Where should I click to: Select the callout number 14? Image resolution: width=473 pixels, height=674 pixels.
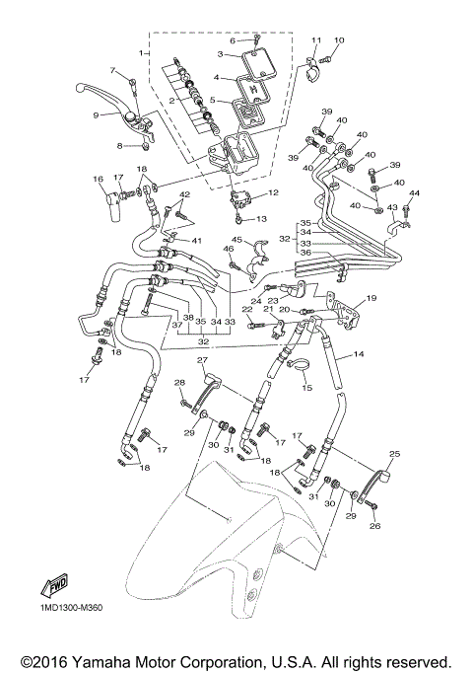(359, 353)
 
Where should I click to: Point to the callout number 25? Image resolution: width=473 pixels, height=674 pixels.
(394, 454)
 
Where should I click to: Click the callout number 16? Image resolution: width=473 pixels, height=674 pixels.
(98, 179)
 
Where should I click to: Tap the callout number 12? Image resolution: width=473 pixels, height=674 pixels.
(274, 192)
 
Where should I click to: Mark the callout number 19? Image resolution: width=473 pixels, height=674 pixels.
(372, 297)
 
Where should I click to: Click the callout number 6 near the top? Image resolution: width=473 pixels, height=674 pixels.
(234, 40)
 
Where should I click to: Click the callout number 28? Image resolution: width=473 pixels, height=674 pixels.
(179, 382)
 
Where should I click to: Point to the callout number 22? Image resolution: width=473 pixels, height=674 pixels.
(246, 309)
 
